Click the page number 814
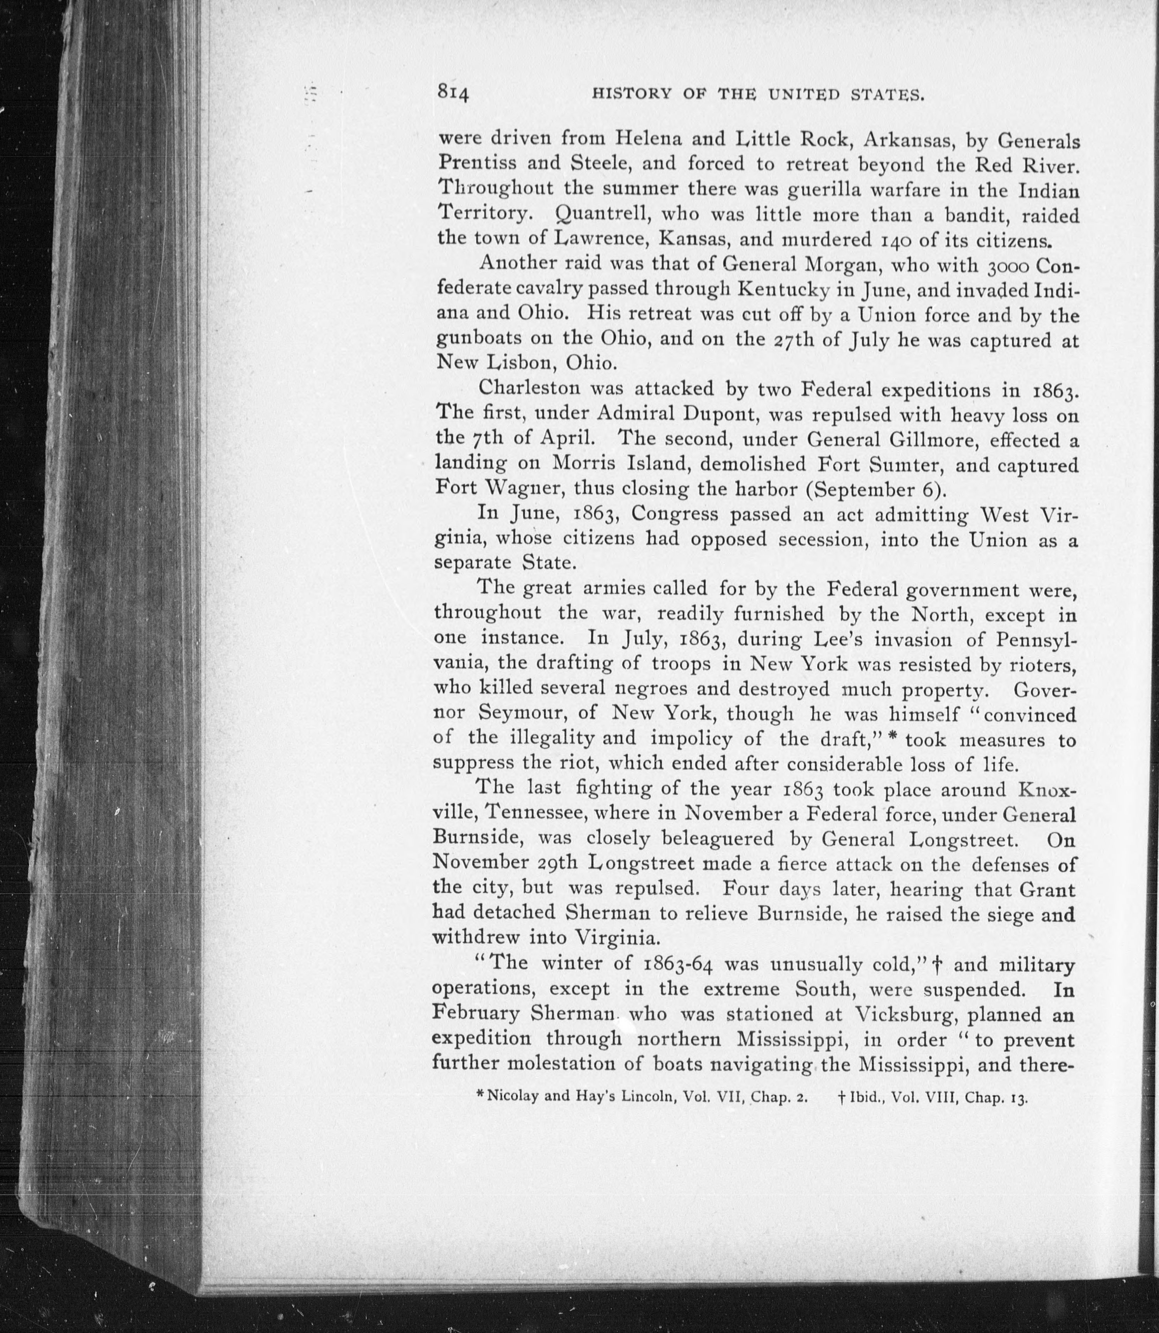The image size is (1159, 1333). [x=453, y=92]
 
